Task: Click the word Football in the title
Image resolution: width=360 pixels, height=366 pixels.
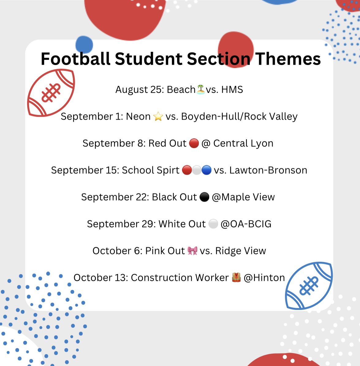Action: click(x=75, y=59)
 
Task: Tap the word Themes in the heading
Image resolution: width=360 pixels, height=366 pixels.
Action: click(x=288, y=59)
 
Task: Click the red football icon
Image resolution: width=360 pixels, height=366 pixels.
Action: click(x=51, y=93)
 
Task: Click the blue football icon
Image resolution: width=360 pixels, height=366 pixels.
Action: click(x=309, y=285)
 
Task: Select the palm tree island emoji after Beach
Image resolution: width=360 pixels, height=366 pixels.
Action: click(x=201, y=90)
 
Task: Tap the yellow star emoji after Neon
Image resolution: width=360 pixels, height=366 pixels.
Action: click(x=158, y=116)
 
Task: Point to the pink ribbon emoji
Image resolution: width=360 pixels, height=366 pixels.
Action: click(x=192, y=251)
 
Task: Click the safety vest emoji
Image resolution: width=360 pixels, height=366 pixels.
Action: click(x=236, y=277)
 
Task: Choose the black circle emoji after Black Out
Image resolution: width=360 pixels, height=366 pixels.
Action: click(x=204, y=197)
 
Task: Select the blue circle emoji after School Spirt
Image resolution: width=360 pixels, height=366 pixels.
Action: click(x=207, y=170)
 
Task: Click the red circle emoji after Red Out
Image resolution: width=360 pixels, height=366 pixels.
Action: click(x=194, y=143)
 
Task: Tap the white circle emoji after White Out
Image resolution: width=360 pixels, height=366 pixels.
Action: click(x=213, y=224)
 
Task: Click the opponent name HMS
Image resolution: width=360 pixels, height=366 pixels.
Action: click(x=232, y=90)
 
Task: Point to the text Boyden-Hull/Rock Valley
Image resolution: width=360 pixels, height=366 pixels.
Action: click(x=239, y=116)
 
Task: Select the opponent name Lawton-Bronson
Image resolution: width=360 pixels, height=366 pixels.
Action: click(x=268, y=170)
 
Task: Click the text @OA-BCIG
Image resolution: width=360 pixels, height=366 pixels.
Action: click(x=246, y=224)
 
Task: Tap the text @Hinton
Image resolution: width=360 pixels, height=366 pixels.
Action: click(x=264, y=277)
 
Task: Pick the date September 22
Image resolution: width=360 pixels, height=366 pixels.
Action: click(x=115, y=197)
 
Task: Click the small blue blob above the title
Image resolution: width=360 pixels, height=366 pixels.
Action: click(x=84, y=44)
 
